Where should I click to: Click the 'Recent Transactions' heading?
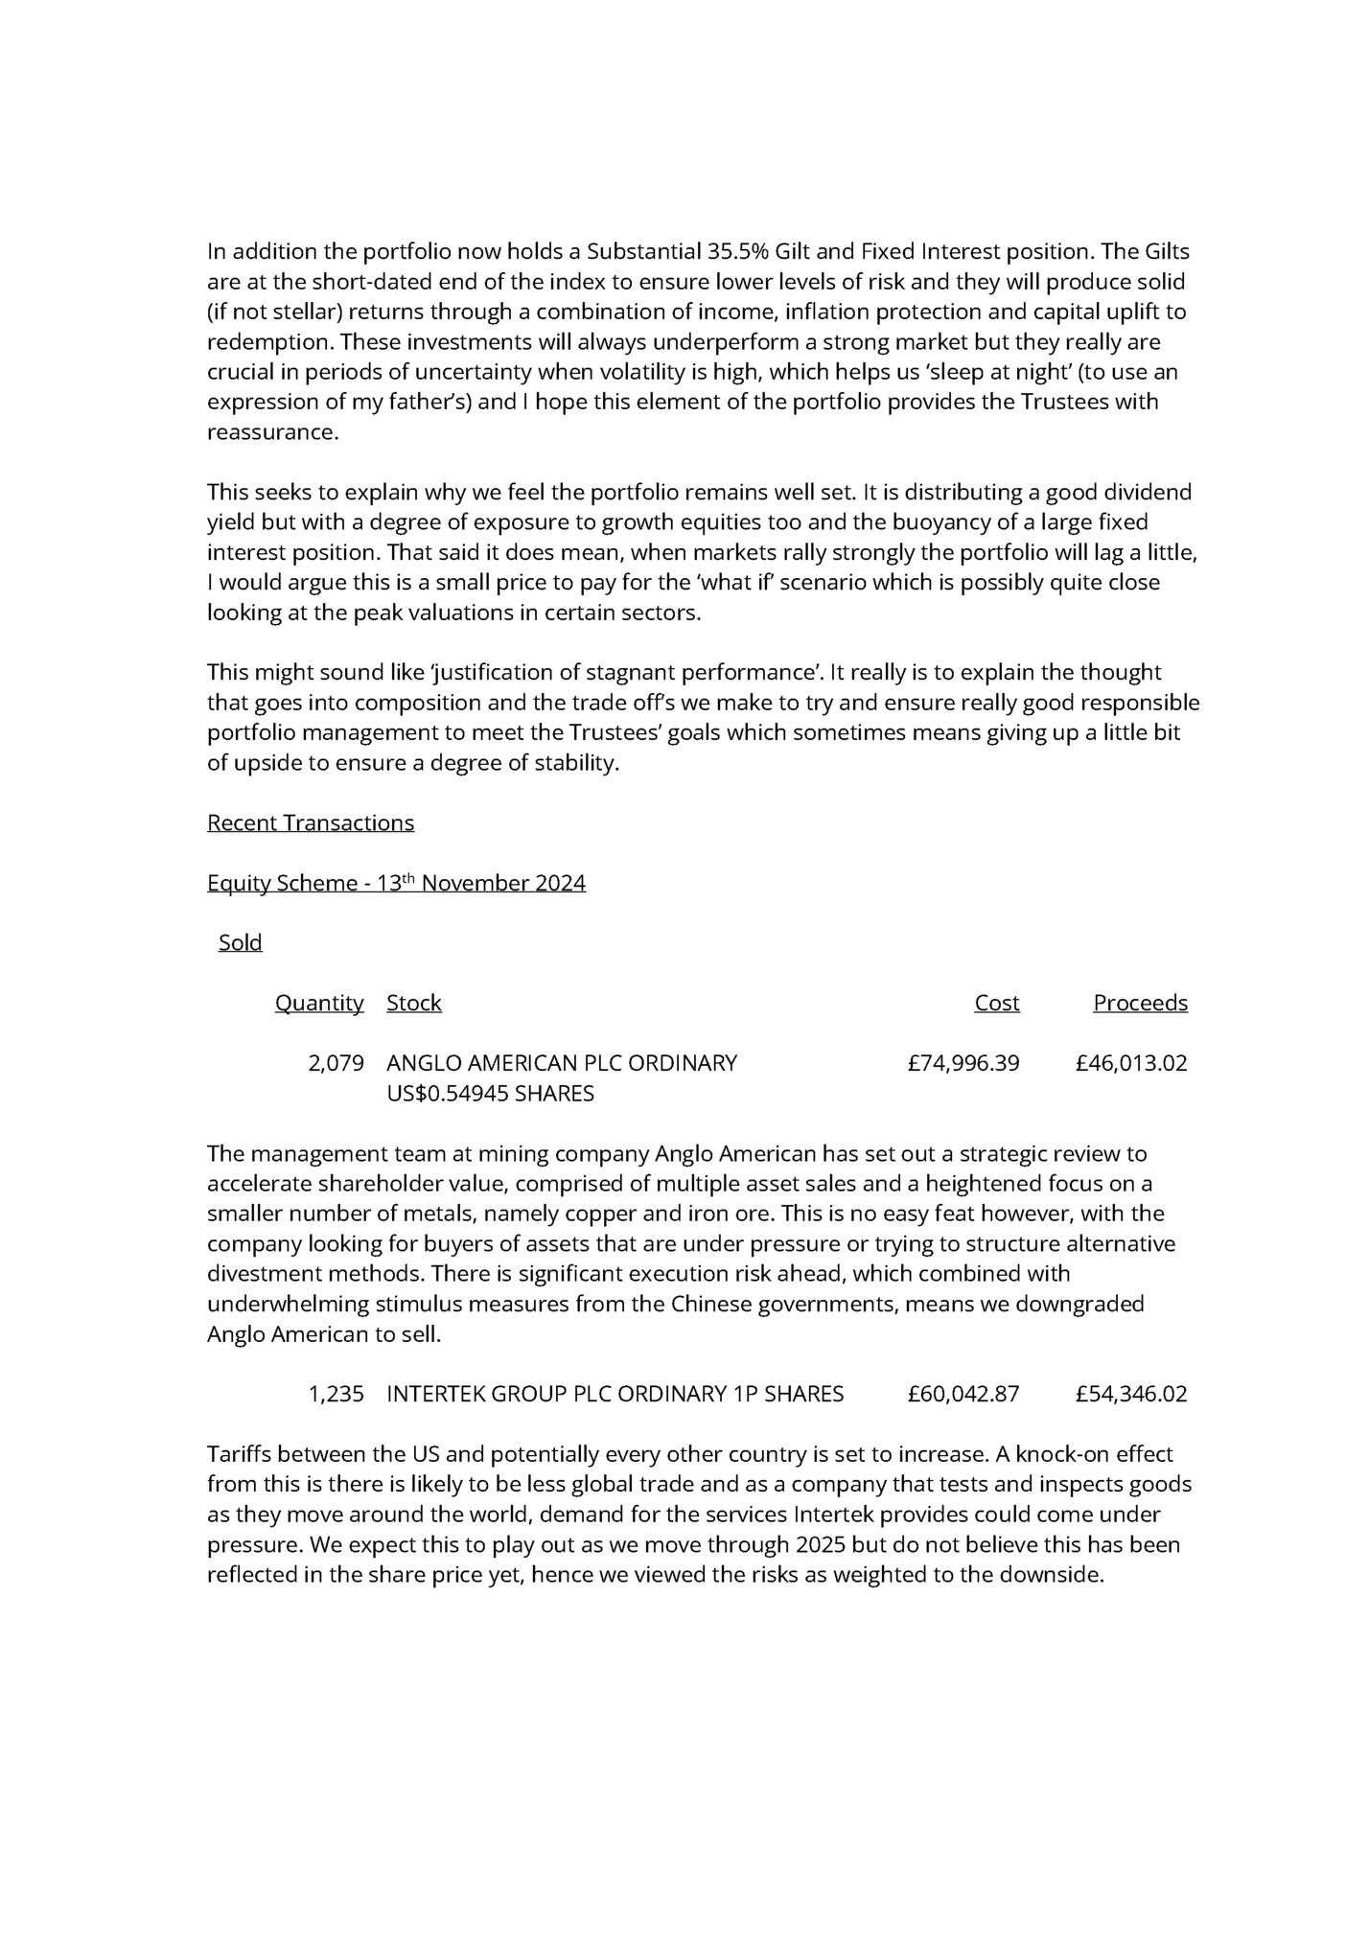coord(311,822)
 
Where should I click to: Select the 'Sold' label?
coord(240,942)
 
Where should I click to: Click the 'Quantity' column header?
coord(319,1003)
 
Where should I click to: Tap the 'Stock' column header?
coord(413,1003)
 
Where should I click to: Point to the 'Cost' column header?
coord(996,1003)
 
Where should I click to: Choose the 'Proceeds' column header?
coord(1140,1003)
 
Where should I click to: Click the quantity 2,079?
coord(336,1063)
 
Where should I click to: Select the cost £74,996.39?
coord(963,1063)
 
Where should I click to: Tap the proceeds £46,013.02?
coord(1130,1063)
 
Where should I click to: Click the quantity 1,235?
coord(336,1394)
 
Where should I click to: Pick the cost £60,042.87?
coord(963,1394)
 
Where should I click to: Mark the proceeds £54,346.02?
coord(1130,1394)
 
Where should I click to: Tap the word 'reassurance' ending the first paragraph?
coord(271,432)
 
